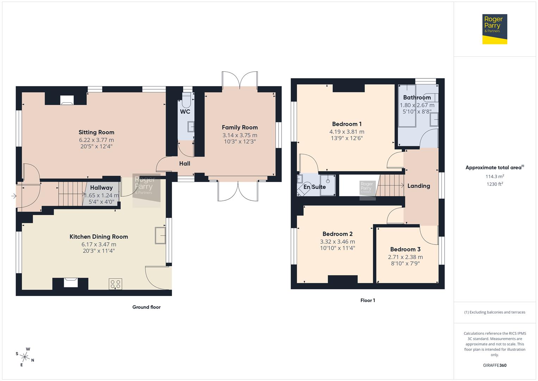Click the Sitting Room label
pyautogui.click(x=96, y=132)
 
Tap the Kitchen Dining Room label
pyautogui.click(x=99, y=237)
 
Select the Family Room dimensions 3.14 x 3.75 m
pyautogui.click(x=240, y=135)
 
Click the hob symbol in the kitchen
pyautogui.click(x=116, y=284)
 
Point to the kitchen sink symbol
pyautogui.click(x=160, y=235)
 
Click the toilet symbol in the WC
pyautogui.click(x=187, y=100)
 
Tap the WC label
pyautogui.click(x=185, y=112)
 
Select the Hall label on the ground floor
pyautogui.click(x=185, y=163)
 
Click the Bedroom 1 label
pyautogui.click(x=347, y=124)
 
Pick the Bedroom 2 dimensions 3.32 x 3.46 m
pyautogui.click(x=337, y=242)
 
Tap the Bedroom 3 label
pyautogui.click(x=405, y=249)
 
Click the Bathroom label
pyautogui.click(x=417, y=97)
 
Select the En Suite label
pyautogui.click(x=315, y=187)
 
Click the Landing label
pyautogui.click(x=419, y=186)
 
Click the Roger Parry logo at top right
pyautogui.click(x=494, y=29)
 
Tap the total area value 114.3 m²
pyautogui.click(x=494, y=176)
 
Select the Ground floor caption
pyautogui.click(x=146, y=307)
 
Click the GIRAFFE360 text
pyautogui.click(x=494, y=365)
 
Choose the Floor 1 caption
pyautogui.click(x=367, y=301)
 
